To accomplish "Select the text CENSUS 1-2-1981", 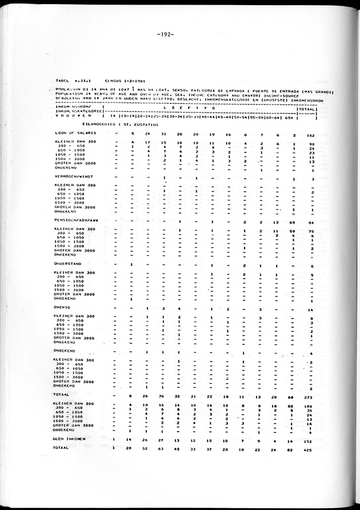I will [123, 81].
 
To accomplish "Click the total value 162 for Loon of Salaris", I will [311, 134].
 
